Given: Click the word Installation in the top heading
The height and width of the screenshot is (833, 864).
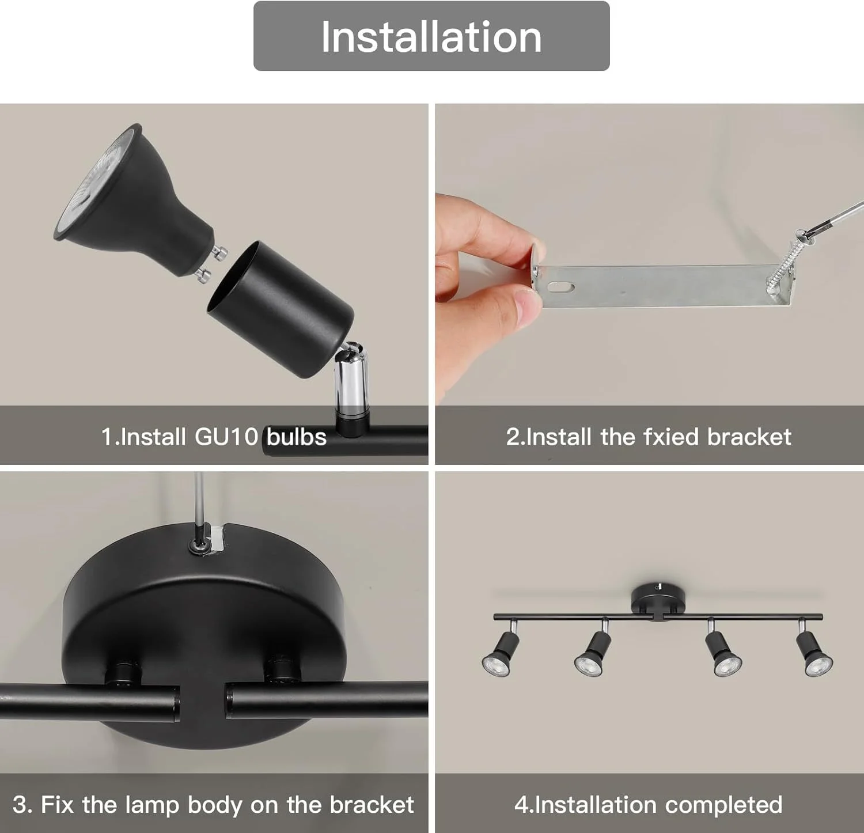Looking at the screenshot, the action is click(431, 37).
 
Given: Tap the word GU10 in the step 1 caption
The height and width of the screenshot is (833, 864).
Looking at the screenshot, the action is click(226, 437).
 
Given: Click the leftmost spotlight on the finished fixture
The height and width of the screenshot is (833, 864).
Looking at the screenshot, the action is click(501, 652).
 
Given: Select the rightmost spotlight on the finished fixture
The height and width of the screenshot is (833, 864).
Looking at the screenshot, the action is click(813, 651).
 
